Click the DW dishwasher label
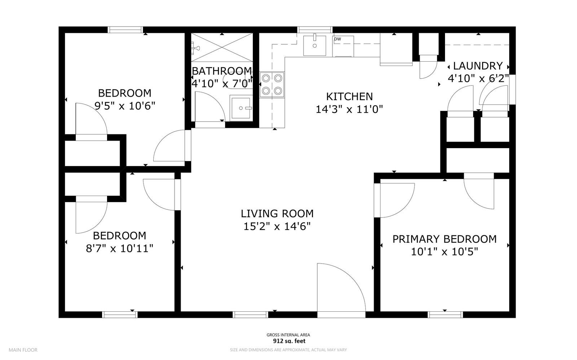click(338, 39)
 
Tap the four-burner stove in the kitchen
click(272, 84)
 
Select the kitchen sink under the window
click(314, 46)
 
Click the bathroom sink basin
click(241, 108)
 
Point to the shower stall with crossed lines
click(221, 47)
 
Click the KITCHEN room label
click(349, 97)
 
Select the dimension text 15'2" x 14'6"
click(277, 227)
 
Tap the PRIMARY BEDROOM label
click(444, 239)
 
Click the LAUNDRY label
click(477, 66)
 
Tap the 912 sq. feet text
click(288, 341)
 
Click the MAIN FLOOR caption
click(23, 350)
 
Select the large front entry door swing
click(339, 288)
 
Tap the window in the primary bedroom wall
click(445, 315)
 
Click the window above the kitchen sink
click(315, 30)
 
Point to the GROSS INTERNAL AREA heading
click(288, 335)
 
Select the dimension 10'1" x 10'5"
click(444, 252)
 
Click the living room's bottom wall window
click(251, 315)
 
